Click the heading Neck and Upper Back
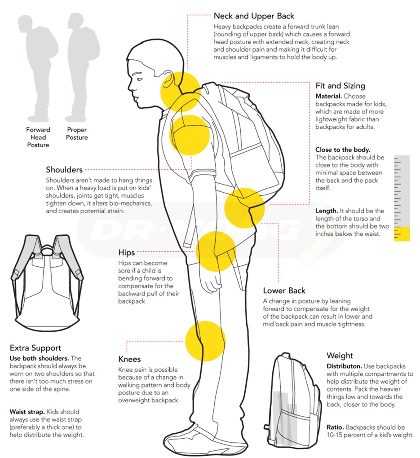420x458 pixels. pyautogui.click(x=254, y=16)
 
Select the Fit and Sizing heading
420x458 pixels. pyautogui.click(x=340, y=86)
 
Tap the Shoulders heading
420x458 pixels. pyautogui.click(x=64, y=170)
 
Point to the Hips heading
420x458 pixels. pyautogui.click(x=127, y=253)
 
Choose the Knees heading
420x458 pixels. pyautogui.click(x=129, y=359)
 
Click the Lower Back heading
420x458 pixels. pyautogui.click(x=284, y=291)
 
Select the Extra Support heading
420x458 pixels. pyautogui.click(x=35, y=348)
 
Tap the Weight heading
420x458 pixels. pyautogui.click(x=340, y=356)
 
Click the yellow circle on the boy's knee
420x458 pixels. pyautogui.click(x=205, y=341)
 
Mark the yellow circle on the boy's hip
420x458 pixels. pyautogui.click(x=216, y=251)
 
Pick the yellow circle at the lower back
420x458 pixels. pyautogui.click(x=245, y=208)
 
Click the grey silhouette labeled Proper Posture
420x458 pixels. pyautogui.click(x=83, y=67)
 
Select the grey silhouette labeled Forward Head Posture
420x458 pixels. pyautogui.click(x=38, y=67)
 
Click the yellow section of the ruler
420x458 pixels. pyautogui.click(x=402, y=234)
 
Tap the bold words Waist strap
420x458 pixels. pyautogui.click(x=27, y=412)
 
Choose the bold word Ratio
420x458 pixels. pyautogui.click(x=335, y=427)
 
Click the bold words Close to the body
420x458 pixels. pyautogui.click(x=343, y=150)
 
